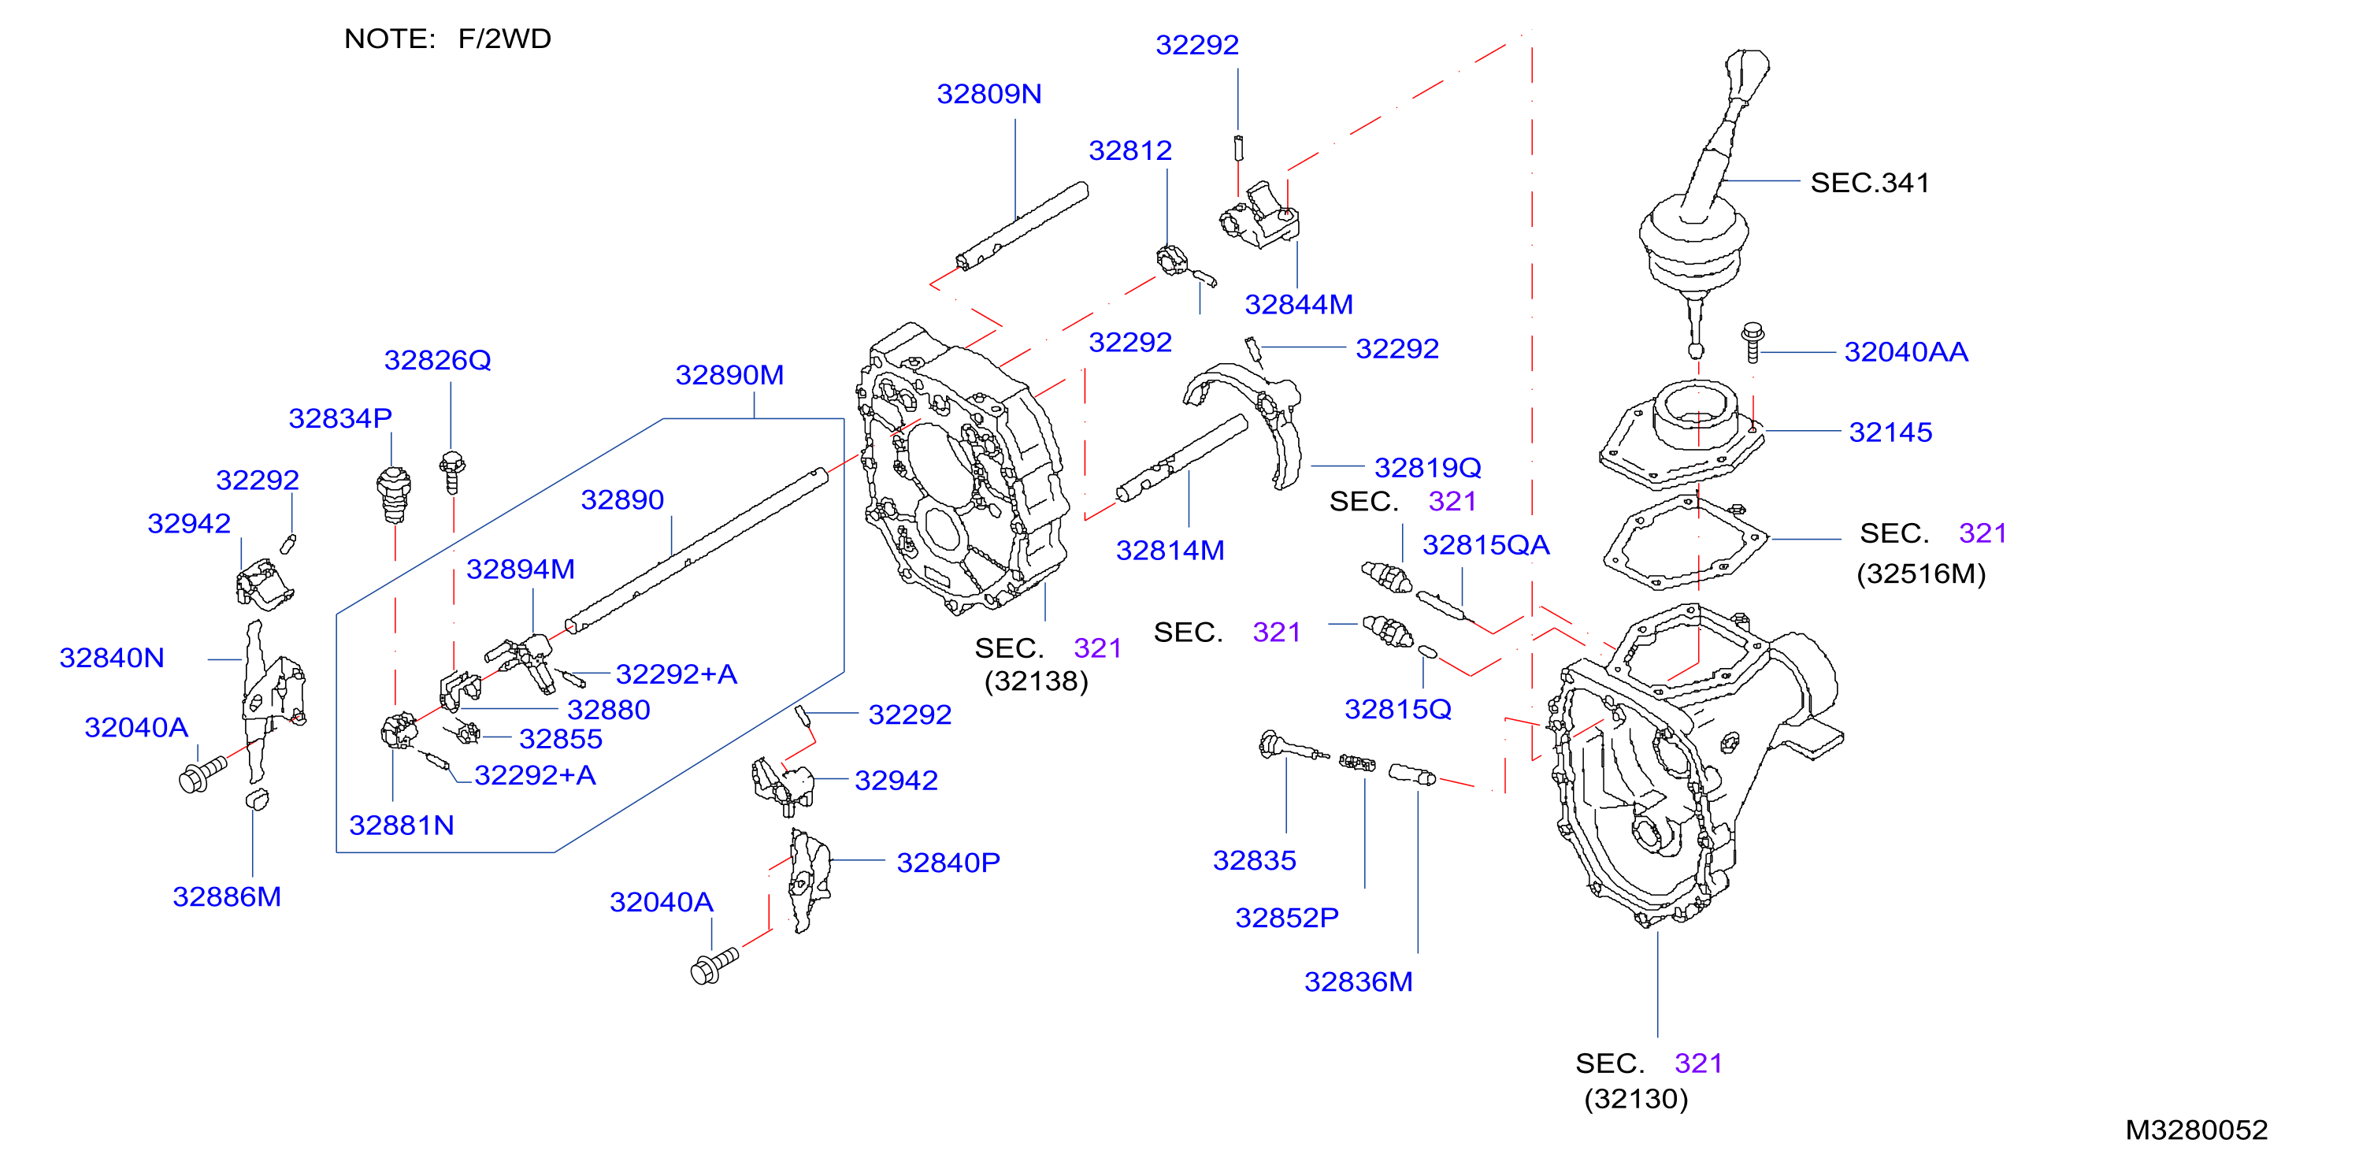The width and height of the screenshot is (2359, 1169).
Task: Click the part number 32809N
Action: [989, 95]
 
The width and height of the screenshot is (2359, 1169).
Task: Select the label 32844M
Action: [1299, 304]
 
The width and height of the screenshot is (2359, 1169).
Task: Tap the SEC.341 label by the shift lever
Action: [1870, 184]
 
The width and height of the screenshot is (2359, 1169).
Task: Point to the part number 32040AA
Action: [1905, 352]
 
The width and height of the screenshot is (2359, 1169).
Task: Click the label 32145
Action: [1890, 432]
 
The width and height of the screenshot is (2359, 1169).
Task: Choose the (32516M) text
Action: [1921, 574]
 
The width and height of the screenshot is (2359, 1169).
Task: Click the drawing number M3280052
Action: [2196, 1130]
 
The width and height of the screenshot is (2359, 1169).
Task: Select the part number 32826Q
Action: [438, 360]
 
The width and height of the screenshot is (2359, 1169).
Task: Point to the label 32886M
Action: [226, 897]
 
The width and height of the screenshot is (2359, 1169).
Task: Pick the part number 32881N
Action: [401, 826]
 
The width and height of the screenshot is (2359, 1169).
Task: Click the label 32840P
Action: [948, 863]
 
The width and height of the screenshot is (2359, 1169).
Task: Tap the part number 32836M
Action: [1358, 982]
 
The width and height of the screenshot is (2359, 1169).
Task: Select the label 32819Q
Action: [1428, 468]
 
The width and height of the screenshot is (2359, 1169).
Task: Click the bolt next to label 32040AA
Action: [1752, 343]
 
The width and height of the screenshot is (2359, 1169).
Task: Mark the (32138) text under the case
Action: [1036, 681]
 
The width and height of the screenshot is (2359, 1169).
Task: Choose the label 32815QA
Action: [1486, 546]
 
